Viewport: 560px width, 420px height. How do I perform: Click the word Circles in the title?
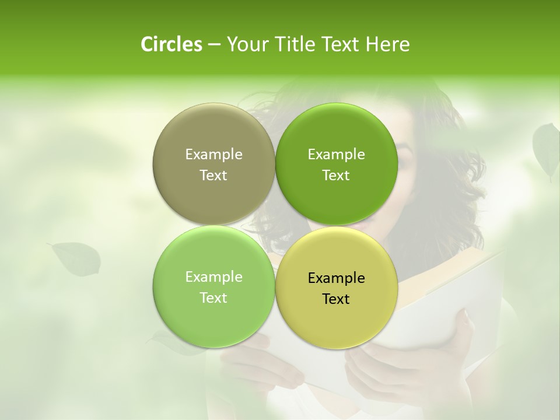pos(171,44)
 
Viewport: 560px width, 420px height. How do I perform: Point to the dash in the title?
pos(214,45)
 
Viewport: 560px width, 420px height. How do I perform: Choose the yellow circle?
pos(336,321)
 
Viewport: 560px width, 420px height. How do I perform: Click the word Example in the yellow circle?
pos(336,278)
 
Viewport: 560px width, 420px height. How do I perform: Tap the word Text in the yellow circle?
pos(336,299)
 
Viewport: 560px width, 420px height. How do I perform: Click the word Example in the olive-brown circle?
pos(213,154)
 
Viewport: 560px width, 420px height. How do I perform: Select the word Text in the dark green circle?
pos(336,175)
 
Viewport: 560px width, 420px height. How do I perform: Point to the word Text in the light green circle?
pos(213,297)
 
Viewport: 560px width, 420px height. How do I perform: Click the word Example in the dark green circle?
pos(336,154)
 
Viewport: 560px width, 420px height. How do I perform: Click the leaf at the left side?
pos(76,258)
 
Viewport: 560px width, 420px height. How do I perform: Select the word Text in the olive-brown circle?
pos(213,175)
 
